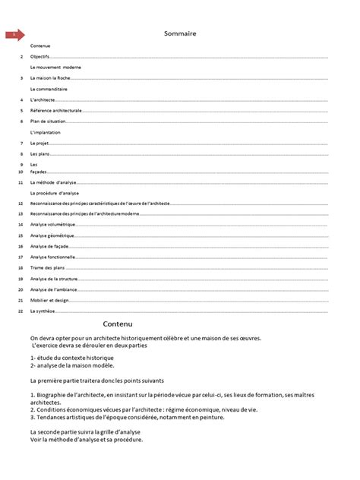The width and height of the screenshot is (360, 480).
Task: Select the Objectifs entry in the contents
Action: coord(40,57)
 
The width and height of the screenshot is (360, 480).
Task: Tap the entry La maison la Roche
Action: coord(50,78)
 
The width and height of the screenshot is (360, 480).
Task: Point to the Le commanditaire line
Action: coord(49,89)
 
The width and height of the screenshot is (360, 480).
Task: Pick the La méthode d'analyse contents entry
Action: coord(52,183)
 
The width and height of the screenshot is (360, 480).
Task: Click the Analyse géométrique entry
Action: coord(52,236)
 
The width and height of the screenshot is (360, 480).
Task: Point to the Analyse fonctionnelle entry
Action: coord(52,257)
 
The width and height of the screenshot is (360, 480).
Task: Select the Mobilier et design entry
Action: coord(49,300)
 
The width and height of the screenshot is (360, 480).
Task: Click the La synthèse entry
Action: coord(43,311)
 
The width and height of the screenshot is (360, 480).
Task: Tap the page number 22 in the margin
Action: coord(19,311)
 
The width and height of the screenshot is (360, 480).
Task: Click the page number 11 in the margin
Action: coord(19,183)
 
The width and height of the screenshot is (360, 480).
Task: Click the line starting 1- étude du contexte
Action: coord(72,357)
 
